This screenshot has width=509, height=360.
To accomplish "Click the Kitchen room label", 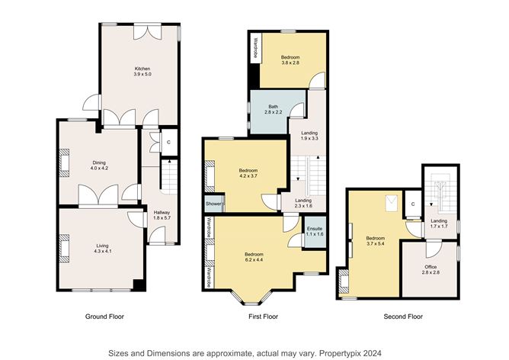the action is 142,69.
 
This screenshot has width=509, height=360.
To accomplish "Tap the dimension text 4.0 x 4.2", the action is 99,169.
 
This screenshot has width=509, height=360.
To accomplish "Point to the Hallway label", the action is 162,213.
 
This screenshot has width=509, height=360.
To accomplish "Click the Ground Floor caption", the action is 104,317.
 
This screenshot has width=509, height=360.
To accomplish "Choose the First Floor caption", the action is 264,317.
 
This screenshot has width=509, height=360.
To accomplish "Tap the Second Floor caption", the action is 403,317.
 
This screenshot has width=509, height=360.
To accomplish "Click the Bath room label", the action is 273,107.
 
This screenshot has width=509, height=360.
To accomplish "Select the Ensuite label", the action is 315,229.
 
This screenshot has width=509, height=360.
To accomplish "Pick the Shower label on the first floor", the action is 214,204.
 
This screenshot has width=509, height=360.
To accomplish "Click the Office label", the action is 431,267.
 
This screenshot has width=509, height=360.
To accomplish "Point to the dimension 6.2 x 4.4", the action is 254,259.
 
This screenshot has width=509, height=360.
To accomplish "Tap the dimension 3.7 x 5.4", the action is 376,243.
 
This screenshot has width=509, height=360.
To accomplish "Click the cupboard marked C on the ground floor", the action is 168,143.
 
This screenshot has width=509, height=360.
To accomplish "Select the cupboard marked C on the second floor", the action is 413,204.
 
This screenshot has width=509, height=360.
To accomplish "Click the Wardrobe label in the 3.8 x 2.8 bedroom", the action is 255,48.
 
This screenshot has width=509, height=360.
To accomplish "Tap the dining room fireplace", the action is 64,162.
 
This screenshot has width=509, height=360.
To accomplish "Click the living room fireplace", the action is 64,248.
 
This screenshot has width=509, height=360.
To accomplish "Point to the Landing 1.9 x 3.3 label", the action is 309,133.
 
